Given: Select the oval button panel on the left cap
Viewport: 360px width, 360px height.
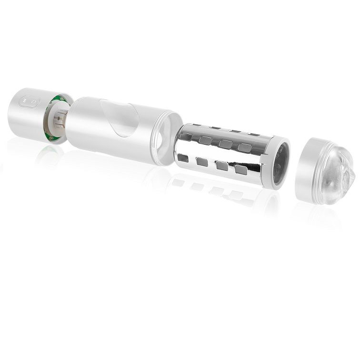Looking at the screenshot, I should click(29, 101).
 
